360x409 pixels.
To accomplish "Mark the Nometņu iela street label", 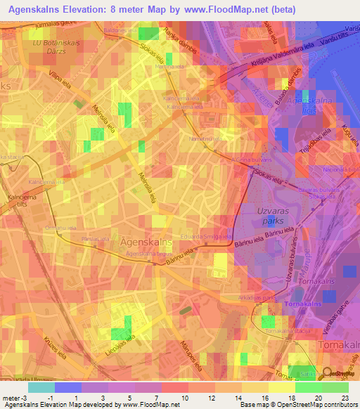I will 203,139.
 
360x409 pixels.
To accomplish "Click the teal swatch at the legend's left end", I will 41,387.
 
